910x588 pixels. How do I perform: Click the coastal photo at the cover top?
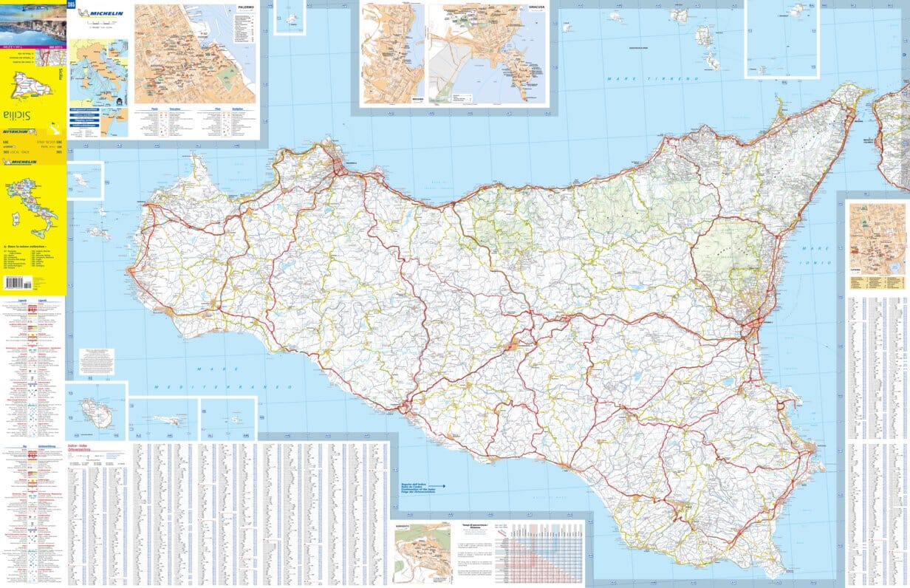[32, 26]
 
